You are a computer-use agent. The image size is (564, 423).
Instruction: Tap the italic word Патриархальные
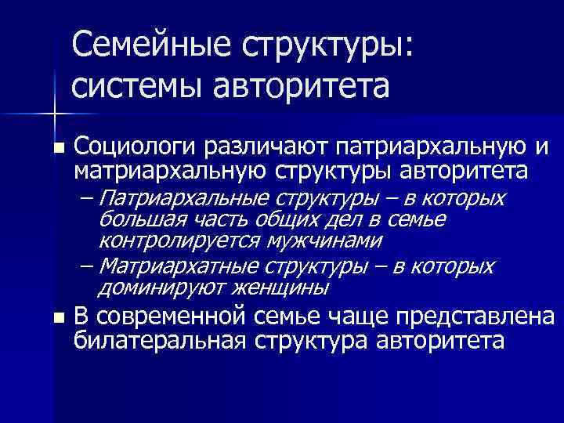pyautogui.click(x=178, y=196)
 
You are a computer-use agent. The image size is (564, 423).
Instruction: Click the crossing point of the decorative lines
pyautogui.click(x=53, y=114)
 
